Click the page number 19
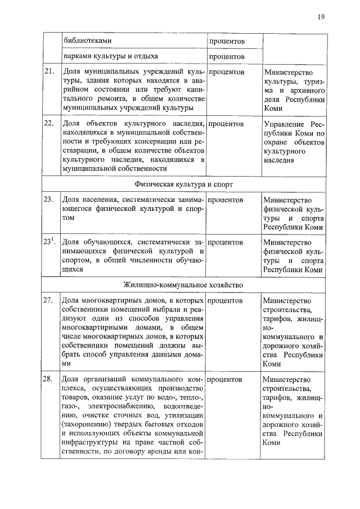coord(320,17)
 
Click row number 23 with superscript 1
coord(49,242)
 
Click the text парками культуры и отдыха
coord(110,56)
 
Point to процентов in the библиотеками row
coord(227,42)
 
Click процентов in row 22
coord(227,124)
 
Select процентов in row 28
coord(227,379)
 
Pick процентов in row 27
coord(227,301)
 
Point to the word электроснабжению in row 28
coord(136,406)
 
